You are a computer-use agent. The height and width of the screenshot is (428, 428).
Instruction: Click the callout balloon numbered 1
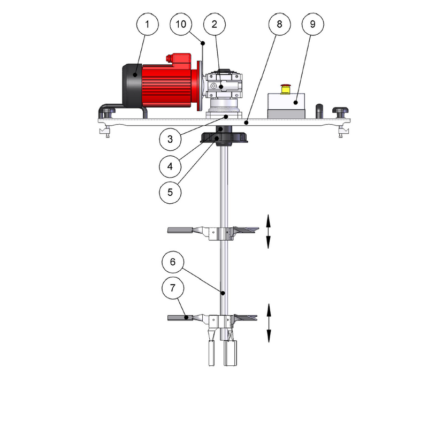pyautogui.click(x=148, y=24)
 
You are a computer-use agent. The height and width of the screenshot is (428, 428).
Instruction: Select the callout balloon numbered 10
pyautogui.click(x=181, y=24)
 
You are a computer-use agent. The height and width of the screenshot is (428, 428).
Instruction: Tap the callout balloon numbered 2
pyautogui.click(x=215, y=24)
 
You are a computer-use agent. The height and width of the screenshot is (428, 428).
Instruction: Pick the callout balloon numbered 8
pyautogui.click(x=279, y=24)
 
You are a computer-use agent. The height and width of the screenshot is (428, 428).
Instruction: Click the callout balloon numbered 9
pyautogui.click(x=313, y=24)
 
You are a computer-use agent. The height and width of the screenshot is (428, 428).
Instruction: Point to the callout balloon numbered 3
pyautogui.click(x=170, y=139)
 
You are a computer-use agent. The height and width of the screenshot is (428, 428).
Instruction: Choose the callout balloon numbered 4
pyautogui.click(x=170, y=166)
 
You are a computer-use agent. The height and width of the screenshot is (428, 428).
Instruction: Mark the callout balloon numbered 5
pyautogui.click(x=170, y=192)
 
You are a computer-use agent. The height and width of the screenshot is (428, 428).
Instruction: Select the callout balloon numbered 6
pyautogui.click(x=173, y=262)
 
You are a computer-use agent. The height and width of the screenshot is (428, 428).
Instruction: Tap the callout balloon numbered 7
pyautogui.click(x=173, y=288)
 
